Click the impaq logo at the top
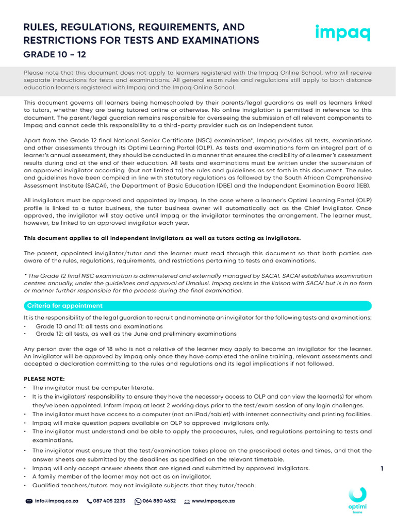coord(342,33)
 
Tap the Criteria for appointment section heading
coord(65,306)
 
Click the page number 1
coord(382,468)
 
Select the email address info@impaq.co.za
coord(56,501)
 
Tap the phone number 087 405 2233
coord(109,501)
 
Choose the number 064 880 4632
coord(159,501)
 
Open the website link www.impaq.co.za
coord(213,501)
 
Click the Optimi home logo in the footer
coord(357,501)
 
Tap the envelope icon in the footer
coord(29,501)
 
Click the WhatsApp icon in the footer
coord(138,501)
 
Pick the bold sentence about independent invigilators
coord(162,238)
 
